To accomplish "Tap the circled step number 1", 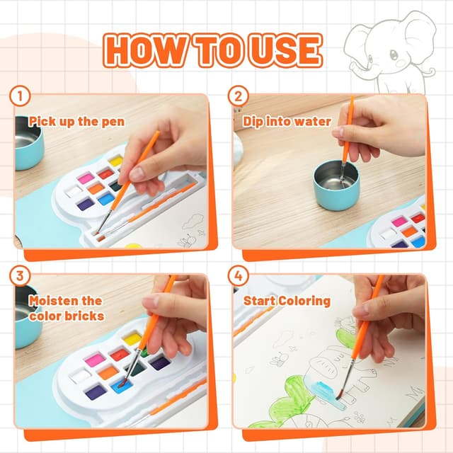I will [x=20, y=96].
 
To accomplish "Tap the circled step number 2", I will [x=238, y=96].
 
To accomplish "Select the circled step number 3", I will [x=20, y=276].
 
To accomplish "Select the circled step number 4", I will [x=238, y=276].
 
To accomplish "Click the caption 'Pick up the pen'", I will [x=76, y=121].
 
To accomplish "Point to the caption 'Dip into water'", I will [x=287, y=121].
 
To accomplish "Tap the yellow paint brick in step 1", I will [x=116, y=161].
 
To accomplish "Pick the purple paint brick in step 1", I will [x=86, y=203].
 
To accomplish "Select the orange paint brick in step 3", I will [x=108, y=372].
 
